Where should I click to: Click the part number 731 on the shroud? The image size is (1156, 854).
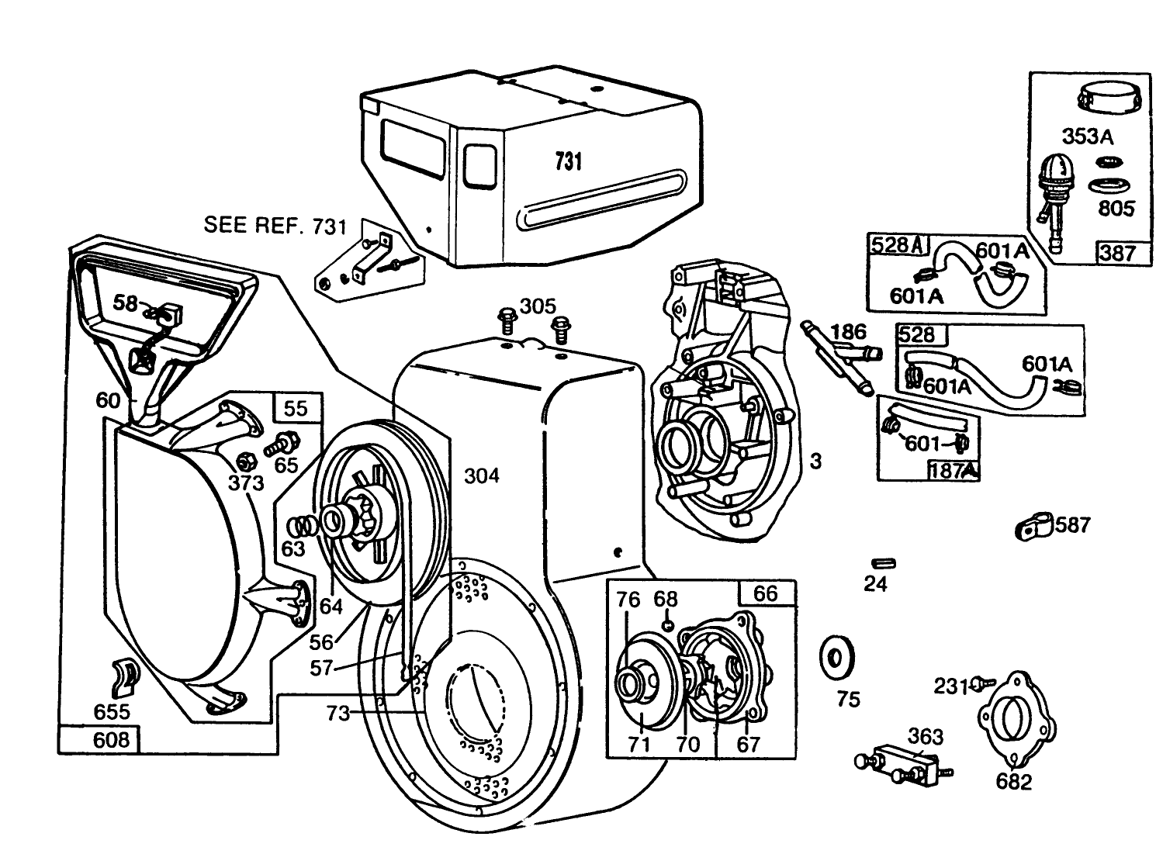click(568, 161)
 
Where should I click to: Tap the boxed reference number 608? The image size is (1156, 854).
click(111, 739)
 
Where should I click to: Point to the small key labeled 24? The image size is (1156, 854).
click(882, 562)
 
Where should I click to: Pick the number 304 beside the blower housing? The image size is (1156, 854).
click(481, 475)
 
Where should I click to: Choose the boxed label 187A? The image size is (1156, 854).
click(951, 469)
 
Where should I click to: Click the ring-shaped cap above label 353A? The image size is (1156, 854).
click(1107, 99)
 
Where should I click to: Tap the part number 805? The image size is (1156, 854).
click(1116, 209)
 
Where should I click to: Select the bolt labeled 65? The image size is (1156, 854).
click(279, 445)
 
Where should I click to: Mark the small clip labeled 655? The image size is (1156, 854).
click(126, 673)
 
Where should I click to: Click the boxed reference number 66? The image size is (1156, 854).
click(765, 593)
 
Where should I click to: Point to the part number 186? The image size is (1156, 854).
click(847, 333)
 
